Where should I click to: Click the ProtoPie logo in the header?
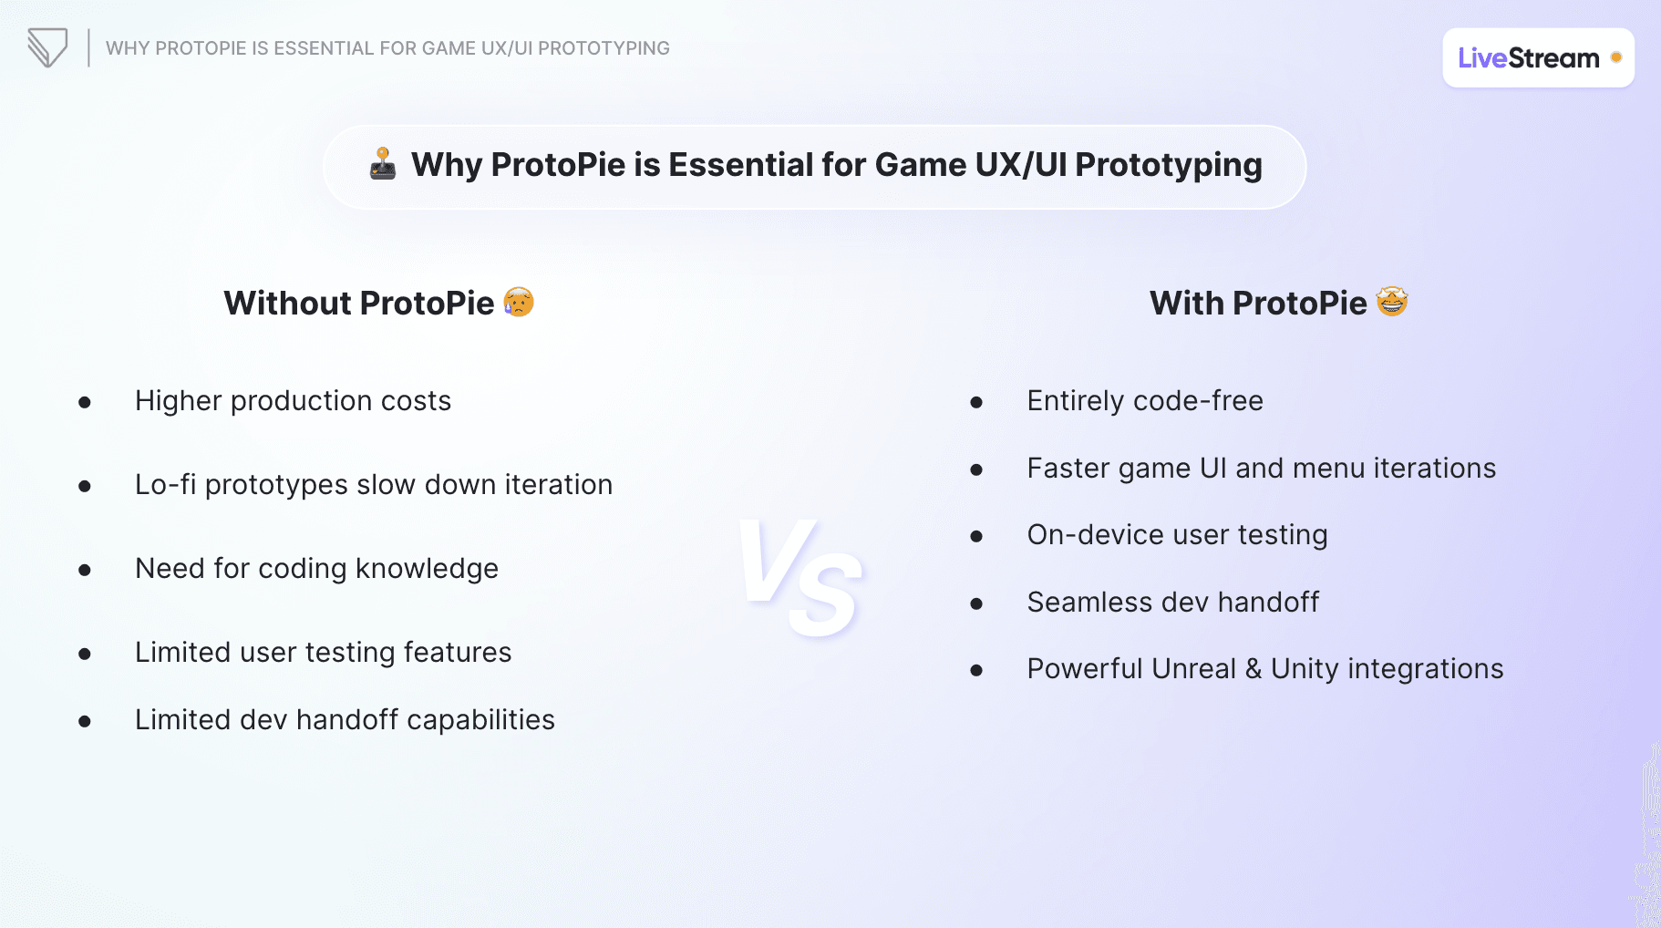click(x=47, y=47)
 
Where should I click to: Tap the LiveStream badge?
click(x=1537, y=58)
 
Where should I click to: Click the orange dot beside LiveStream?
click(x=1615, y=57)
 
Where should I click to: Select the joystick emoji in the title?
click(x=383, y=164)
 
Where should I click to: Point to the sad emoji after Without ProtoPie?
click(x=519, y=302)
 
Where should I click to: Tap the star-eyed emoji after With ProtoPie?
click(x=1392, y=302)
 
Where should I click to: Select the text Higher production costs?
click(x=293, y=401)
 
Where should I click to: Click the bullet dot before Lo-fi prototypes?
click(x=85, y=486)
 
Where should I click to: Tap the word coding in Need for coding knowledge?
click(x=303, y=569)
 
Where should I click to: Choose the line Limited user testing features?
click(x=323, y=653)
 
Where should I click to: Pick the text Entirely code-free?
click(x=1145, y=401)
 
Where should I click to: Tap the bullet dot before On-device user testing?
click(x=976, y=536)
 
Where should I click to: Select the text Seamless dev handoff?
click(x=1173, y=603)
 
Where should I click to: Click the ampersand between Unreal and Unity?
click(x=1253, y=669)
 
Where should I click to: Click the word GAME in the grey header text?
click(x=449, y=48)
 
